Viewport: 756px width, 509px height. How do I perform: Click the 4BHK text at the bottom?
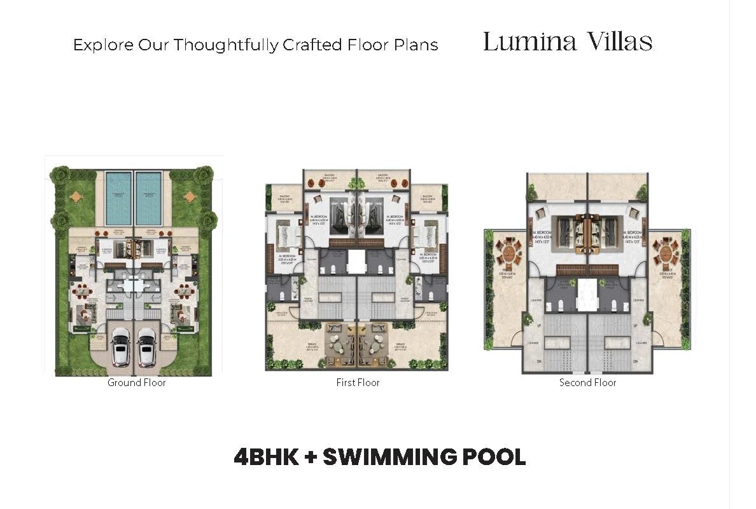266,457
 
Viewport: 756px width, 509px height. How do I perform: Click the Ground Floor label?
136,383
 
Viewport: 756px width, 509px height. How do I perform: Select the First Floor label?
358,383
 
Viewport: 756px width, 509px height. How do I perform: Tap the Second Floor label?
587,383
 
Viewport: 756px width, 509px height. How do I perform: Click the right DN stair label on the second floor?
637,361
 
